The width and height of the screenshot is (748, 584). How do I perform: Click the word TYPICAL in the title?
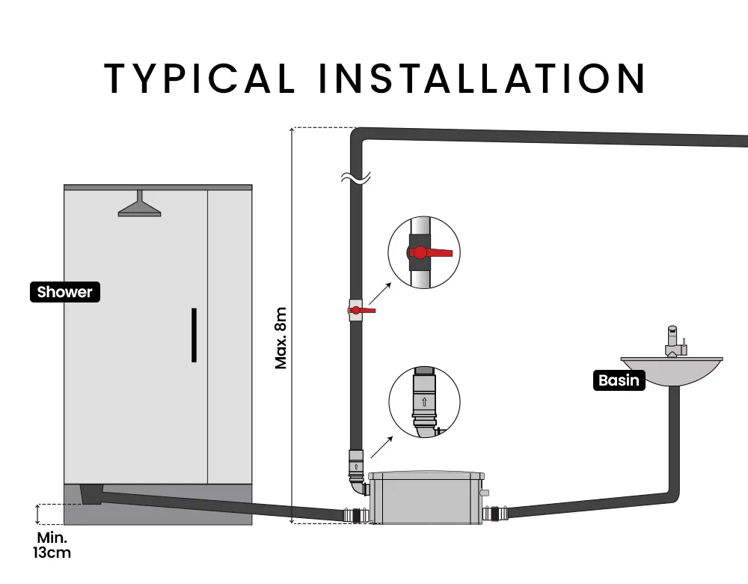(200, 79)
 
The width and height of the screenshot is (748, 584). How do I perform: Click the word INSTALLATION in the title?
(482, 79)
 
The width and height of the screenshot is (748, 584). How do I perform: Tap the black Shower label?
(65, 292)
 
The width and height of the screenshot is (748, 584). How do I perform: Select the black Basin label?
(619, 380)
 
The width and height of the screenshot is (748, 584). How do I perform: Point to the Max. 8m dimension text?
(280, 338)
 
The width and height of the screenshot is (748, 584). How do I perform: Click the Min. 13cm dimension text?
(52, 545)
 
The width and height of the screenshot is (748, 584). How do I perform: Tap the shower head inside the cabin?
(139, 204)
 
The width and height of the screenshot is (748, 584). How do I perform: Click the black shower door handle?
(194, 335)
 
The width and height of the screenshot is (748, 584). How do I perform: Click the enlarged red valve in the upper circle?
(426, 252)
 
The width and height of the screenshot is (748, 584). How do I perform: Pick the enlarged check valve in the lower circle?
(424, 402)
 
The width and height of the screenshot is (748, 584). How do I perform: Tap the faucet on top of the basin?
(675, 342)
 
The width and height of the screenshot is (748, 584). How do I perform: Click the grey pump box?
(426, 498)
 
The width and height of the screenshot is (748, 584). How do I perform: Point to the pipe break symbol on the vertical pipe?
(356, 177)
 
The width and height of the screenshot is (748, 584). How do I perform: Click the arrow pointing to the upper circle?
(380, 293)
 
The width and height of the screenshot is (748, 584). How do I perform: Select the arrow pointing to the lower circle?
(381, 447)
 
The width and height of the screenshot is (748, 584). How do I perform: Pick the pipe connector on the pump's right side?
(495, 514)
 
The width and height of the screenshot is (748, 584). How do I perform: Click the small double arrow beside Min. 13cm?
(38, 514)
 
